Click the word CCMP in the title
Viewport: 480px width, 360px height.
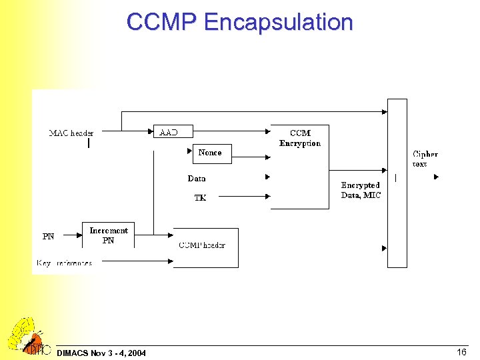[x=163, y=23]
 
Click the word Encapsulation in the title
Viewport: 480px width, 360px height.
[x=279, y=23]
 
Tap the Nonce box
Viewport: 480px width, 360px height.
[x=211, y=153]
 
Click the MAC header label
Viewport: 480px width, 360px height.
[x=71, y=133]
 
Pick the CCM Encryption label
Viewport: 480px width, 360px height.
[x=299, y=138]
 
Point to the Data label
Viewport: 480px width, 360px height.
[x=197, y=178]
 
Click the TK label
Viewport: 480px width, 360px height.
[x=200, y=198]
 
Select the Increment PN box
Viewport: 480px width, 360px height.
[x=108, y=235]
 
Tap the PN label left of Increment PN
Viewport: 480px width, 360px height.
[x=49, y=236]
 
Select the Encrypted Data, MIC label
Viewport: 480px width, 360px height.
[x=361, y=190]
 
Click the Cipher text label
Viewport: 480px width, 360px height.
[x=425, y=159]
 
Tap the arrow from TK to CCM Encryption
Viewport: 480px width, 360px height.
[x=243, y=196]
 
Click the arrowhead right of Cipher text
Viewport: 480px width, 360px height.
[x=436, y=177]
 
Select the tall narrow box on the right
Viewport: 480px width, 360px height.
[x=397, y=183]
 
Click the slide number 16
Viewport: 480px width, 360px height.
[x=461, y=351]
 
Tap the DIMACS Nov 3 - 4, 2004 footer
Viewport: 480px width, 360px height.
[x=101, y=352]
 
